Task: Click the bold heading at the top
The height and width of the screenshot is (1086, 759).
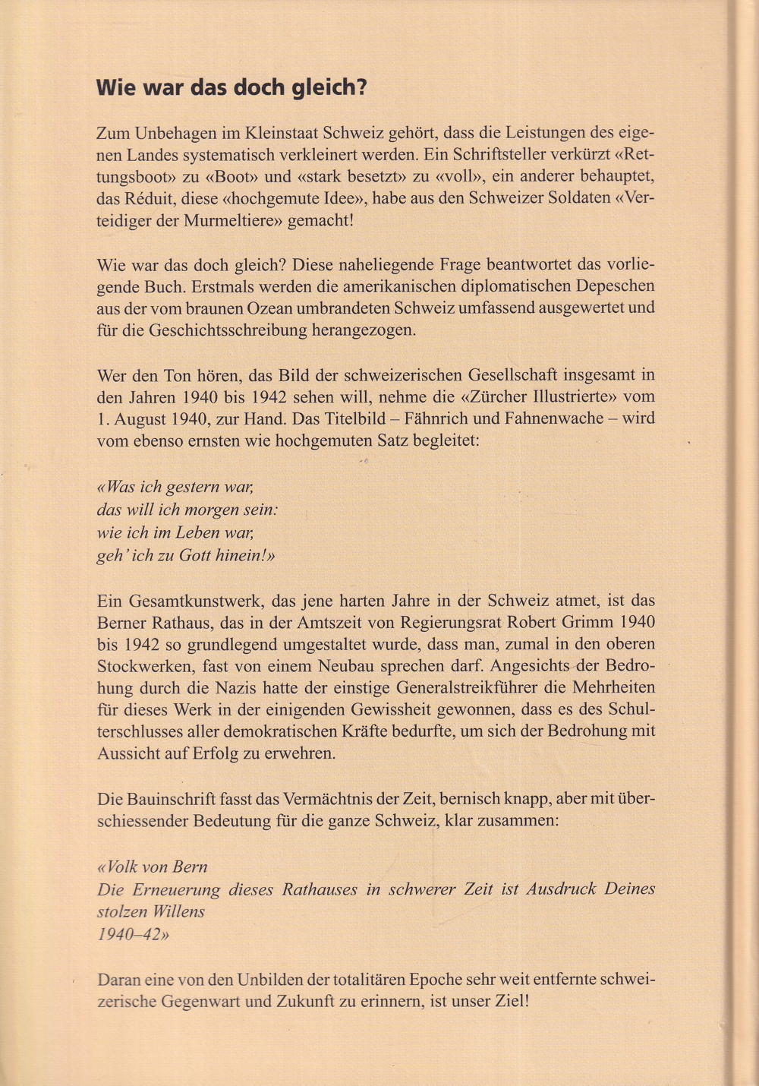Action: (231, 87)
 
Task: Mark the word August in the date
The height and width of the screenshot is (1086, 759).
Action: (139, 418)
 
